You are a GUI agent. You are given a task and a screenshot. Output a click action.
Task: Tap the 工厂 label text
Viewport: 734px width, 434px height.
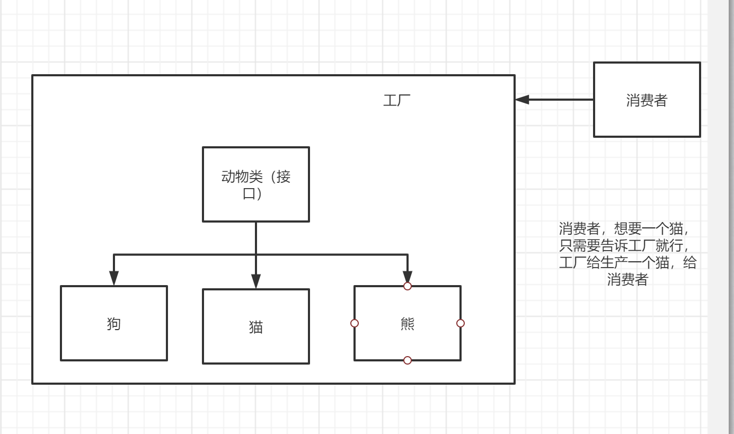coord(396,100)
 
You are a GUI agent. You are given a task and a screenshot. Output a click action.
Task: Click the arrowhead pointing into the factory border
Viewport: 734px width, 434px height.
coord(522,100)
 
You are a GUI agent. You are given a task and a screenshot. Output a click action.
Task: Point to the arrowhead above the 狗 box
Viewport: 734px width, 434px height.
coord(114,279)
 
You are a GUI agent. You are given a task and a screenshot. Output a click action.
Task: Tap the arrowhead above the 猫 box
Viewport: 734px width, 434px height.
coord(256,281)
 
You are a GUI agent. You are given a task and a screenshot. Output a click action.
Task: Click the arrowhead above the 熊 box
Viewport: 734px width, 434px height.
coord(407,277)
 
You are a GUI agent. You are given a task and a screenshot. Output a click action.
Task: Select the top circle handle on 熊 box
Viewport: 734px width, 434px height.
coord(408,286)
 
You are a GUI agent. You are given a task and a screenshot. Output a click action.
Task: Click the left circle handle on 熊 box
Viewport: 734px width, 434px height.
coord(355,323)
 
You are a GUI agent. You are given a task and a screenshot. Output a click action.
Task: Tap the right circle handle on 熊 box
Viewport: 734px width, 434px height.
coord(461,323)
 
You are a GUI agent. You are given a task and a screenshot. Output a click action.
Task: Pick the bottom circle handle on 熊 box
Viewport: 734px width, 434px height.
coord(408,360)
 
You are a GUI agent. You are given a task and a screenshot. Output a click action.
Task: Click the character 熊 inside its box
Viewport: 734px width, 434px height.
coord(408,324)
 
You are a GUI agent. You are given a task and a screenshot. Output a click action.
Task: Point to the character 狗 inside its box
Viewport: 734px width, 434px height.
coord(114,323)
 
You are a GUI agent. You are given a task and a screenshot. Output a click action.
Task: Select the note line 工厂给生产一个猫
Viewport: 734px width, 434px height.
coord(627,263)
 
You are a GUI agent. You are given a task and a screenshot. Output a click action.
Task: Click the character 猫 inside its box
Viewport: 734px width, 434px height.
coord(256,327)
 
